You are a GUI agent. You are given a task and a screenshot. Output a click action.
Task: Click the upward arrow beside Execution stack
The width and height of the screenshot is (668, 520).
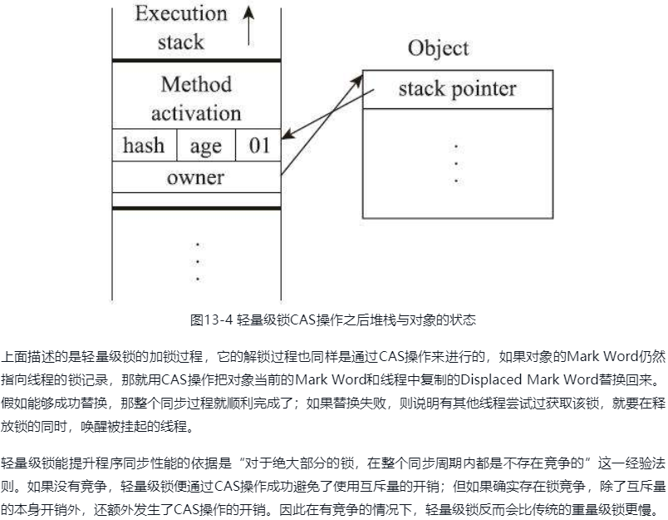click(x=248, y=22)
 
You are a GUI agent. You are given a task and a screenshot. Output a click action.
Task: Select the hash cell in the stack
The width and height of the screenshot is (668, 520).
click(x=144, y=146)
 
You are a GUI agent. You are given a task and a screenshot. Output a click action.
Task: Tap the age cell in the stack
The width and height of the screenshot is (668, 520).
click(x=205, y=146)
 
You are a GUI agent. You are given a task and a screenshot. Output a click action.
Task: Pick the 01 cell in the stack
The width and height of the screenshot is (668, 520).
click(x=259, y=146)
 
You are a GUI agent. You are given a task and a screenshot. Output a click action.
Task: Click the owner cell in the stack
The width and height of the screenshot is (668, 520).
click(x=196, y=176)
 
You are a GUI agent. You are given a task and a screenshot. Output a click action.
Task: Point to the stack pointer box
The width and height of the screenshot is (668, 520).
click(x=457, y=88)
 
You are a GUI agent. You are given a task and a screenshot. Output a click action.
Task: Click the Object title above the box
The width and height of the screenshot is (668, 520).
click(x=438, y=47)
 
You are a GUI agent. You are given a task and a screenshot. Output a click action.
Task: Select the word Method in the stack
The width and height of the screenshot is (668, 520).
click(x=196, y=84)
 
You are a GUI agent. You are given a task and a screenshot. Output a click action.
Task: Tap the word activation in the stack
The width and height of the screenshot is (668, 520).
click(x=196, y=111)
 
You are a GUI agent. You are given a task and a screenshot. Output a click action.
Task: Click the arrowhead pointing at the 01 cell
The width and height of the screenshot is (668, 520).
click(x=287, y=135)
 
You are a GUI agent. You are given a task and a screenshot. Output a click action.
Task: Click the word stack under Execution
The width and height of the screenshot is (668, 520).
click(x=180, y=42)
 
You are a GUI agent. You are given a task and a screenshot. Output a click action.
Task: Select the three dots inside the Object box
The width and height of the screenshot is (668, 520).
click(x=456, y=163)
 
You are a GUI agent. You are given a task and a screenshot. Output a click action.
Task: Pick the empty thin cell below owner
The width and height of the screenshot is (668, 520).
click(x=196, y=198)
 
